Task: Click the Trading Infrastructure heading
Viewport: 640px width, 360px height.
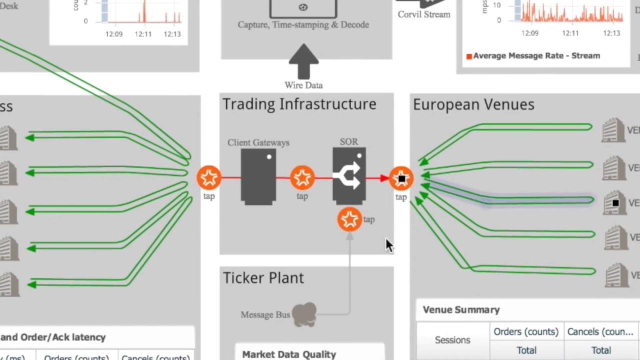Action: click(x=299, y=104)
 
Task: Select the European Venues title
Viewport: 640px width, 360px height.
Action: click(x=473, y=104)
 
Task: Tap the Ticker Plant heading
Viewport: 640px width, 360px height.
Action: click(x=263, y=278)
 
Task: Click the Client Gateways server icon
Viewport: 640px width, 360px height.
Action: click(x=258, y=176)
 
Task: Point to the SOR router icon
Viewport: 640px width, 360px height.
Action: click(x=349, y=175)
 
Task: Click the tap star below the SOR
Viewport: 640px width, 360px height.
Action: click(x=349, y=219)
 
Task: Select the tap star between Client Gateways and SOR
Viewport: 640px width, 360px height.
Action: click(x=302, y=177)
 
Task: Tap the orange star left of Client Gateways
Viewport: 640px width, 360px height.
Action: click(x=209, y=177)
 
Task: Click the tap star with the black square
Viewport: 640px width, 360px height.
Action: click(x=401, y=178)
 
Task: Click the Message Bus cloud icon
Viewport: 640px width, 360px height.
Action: click(x=304, y=314)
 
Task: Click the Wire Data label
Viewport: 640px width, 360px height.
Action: click(x=303, y=85)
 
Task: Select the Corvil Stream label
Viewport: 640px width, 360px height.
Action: click(x=424, y=14)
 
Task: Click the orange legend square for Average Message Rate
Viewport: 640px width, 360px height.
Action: click(x=469, y=56)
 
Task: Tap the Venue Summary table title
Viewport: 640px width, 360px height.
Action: click(x=461, y=310)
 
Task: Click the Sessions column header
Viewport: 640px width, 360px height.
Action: click(x=452, y=340)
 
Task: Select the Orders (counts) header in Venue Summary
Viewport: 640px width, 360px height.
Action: click(x=526, y=332)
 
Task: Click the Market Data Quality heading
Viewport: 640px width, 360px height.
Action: click(x=289, y=354)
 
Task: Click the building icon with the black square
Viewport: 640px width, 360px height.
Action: click(x=614, y=202)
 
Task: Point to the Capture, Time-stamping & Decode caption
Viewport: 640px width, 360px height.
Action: click(x=303, y=25)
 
